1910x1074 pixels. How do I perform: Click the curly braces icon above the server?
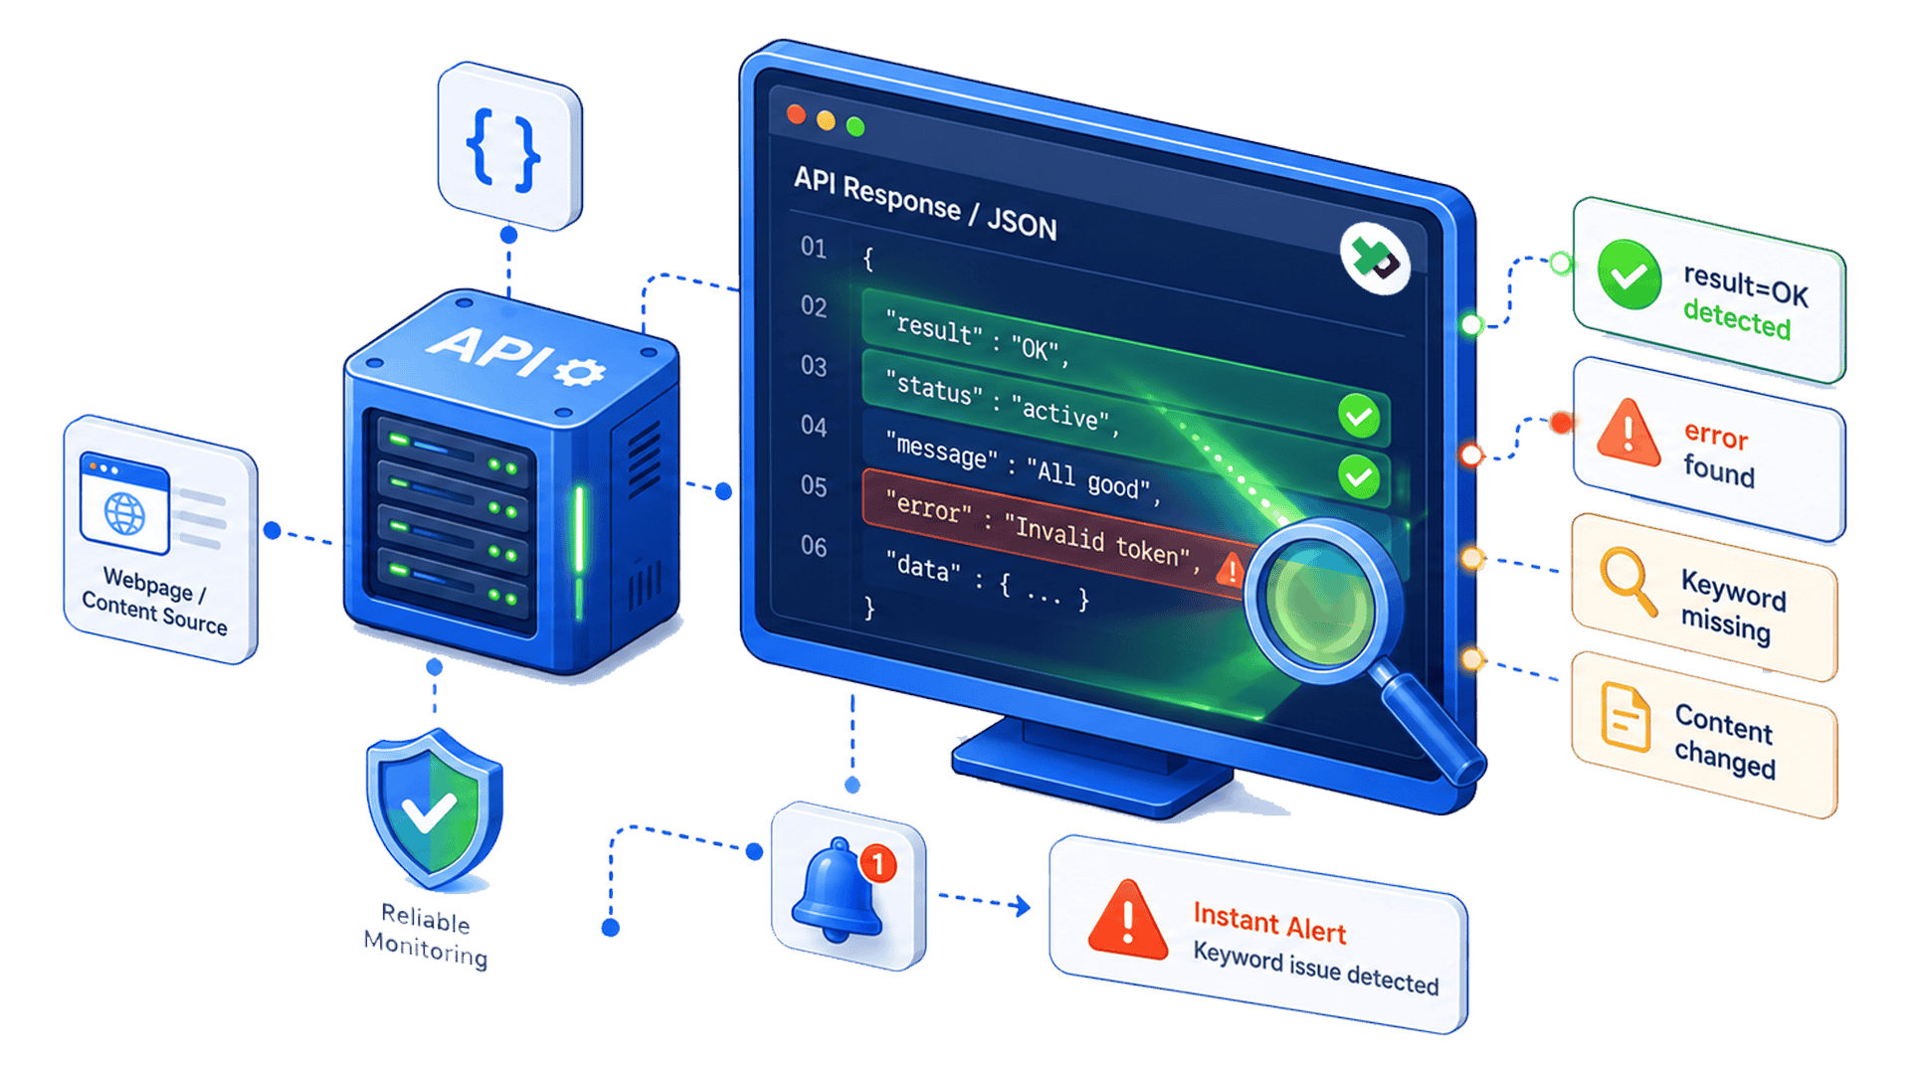[x=503, y=150]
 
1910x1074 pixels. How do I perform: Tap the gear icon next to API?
[x=580, y=373]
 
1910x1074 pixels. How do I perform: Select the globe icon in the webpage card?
[x=124, y=513]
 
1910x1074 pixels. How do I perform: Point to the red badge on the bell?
[x=877, y=863]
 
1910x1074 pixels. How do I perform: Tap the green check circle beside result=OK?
[x=1628, y=273]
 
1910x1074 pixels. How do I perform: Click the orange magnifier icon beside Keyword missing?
[x=1627, y=581]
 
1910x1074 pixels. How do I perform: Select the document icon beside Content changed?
[x=1625, y=717]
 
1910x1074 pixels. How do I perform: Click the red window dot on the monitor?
[x=796, y=114]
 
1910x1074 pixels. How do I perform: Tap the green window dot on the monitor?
[x=856, y=126]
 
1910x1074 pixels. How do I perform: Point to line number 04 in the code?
[x=814, y=426]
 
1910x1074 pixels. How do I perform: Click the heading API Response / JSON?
[x=925, y=204]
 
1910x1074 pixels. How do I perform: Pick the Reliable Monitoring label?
[x=426, y=935]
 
